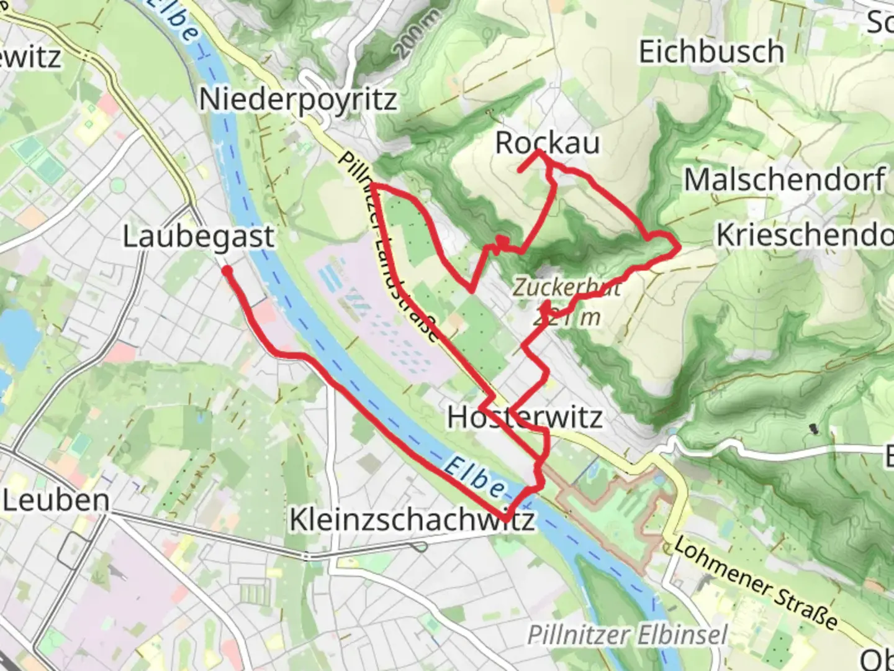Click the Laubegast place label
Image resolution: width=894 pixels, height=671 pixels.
click(198, 237)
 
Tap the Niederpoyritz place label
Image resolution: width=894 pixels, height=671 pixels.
click(298, 99)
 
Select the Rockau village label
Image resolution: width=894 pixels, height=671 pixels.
click(548, 143)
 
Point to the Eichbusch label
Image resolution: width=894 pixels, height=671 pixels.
click(711, 52)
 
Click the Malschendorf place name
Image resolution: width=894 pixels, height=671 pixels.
click(785, 180)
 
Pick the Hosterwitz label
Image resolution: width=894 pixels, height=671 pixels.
click(525, 417)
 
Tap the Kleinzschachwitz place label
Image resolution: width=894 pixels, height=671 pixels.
click(412, 519)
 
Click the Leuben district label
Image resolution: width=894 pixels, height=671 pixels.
click(56, 500)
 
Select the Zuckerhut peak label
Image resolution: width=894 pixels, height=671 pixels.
click(566, 287)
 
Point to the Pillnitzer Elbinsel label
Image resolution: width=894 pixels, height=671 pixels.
click(627, 635)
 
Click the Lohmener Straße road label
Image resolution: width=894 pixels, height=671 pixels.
click(755, 583)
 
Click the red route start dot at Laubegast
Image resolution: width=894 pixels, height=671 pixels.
click(227, 271)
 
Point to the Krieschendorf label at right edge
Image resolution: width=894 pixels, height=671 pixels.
click(805, 235)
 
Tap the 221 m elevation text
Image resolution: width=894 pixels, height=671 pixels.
click(567, 317)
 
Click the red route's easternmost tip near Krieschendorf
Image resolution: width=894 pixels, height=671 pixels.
click(679, 248)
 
